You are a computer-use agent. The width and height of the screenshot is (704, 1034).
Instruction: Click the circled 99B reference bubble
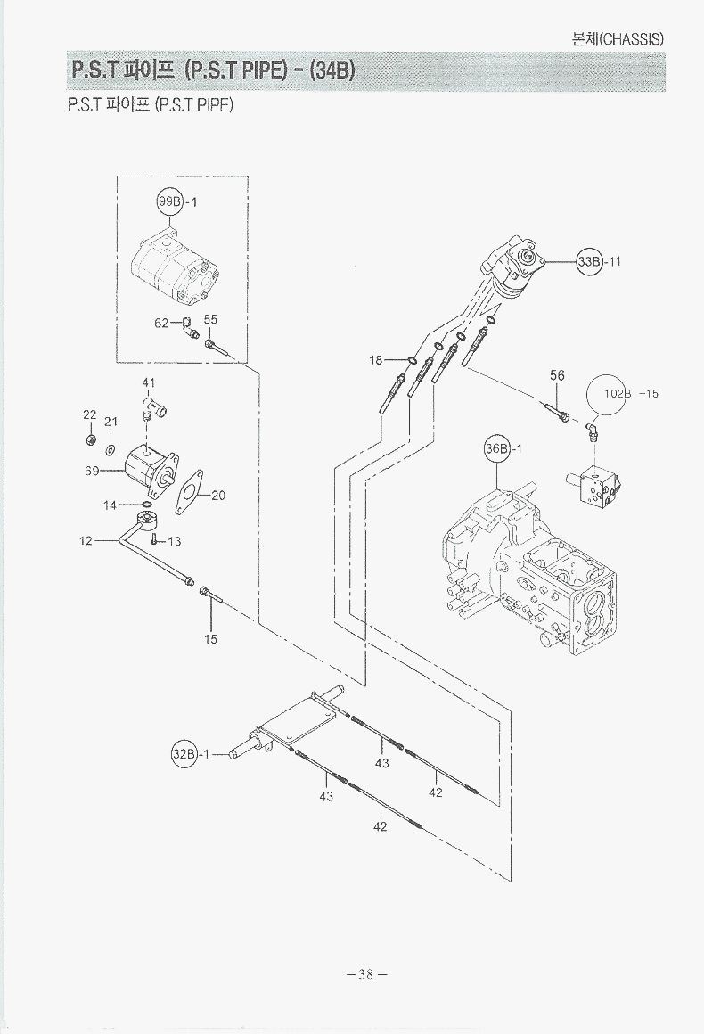[x=169, y=201]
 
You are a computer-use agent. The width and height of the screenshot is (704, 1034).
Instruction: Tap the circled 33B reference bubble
[x=589, y=261]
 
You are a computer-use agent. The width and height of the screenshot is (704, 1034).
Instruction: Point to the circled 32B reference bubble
[x=183, y=754]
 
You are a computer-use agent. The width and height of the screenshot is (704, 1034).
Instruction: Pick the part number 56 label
[x=557, y=376]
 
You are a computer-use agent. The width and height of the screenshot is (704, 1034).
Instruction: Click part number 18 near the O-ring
[x=376, y=360]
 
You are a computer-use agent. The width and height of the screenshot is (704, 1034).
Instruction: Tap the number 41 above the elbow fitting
[x=149, y=383]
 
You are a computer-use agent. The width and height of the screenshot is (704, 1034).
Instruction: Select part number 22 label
[x=90, y=414]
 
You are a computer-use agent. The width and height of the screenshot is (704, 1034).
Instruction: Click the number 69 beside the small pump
[x=92, y=471]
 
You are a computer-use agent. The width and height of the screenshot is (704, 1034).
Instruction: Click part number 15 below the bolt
[x=211, y=639]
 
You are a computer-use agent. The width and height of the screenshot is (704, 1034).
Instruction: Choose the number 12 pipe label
[x=86, y=540]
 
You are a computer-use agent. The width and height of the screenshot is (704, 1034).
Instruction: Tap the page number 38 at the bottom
[x=365, y=974]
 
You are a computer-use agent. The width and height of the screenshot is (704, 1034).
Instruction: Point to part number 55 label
[x=210, y=319]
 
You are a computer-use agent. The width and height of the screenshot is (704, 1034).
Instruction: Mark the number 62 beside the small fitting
[x=161, y=323]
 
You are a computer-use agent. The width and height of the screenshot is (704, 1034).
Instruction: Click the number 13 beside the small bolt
[x=174, y=541]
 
